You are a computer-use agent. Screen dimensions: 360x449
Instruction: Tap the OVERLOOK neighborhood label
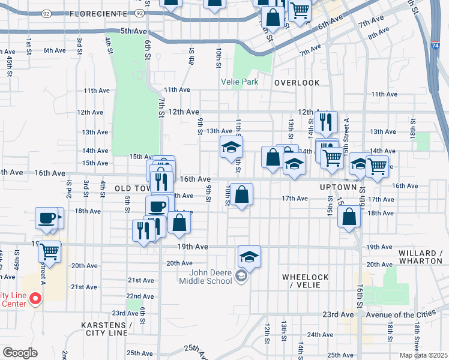pyautogui.click(x=297, y=82)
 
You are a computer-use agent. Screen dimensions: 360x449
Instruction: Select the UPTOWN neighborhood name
pyautogui.click(x=334, y=187)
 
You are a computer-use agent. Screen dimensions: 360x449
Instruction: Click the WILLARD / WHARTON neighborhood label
pyautogui.click(x=420, y=257)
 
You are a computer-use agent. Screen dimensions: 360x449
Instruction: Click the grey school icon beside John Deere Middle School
pyautogui.click(x=241, y=276)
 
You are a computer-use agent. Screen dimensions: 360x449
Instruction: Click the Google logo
pyautogui.click(x=20, y=353)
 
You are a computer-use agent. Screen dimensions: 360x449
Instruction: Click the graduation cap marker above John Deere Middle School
pyautogui.click(x=249, y=257)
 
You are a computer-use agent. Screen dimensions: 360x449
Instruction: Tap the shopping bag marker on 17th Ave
pyautogui.click(x=241, y=195)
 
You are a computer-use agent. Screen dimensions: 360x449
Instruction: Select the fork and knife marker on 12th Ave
pyautogui.click(x=326, y=122)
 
